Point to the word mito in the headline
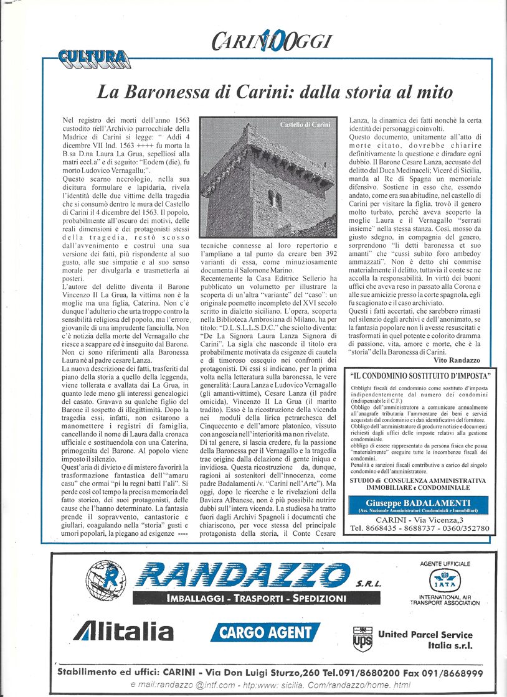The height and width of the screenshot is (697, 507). pos(432,93)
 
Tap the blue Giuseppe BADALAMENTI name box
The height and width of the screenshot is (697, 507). pos(419,505)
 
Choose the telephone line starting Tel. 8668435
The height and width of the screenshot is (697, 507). pos(419,529)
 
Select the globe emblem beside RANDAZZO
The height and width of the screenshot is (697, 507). pos(104,578)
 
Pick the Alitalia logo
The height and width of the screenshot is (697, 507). pos(123,631)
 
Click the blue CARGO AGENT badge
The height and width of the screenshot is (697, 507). pos(265,632)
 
